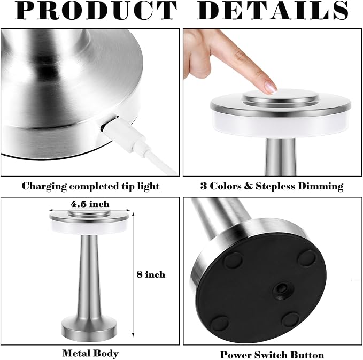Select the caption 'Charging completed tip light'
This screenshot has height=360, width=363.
pos(90,186)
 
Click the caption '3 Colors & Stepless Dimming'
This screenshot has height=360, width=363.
pos(271,186)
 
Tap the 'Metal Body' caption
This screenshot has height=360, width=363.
pos(90,353)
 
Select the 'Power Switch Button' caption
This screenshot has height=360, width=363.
pos(272,354)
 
